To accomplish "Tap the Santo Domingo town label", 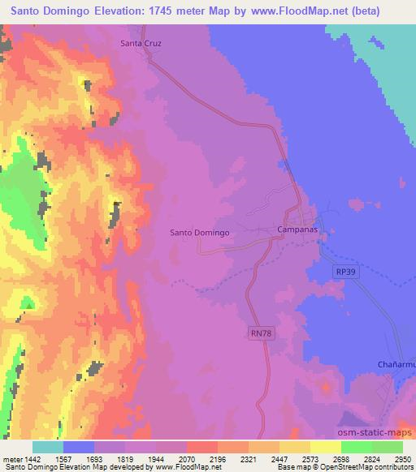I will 200,233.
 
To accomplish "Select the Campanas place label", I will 297,231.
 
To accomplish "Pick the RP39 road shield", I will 344,273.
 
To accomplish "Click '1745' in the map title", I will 163,11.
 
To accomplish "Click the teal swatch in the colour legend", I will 48,447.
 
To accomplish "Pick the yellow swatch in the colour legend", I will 325,447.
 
